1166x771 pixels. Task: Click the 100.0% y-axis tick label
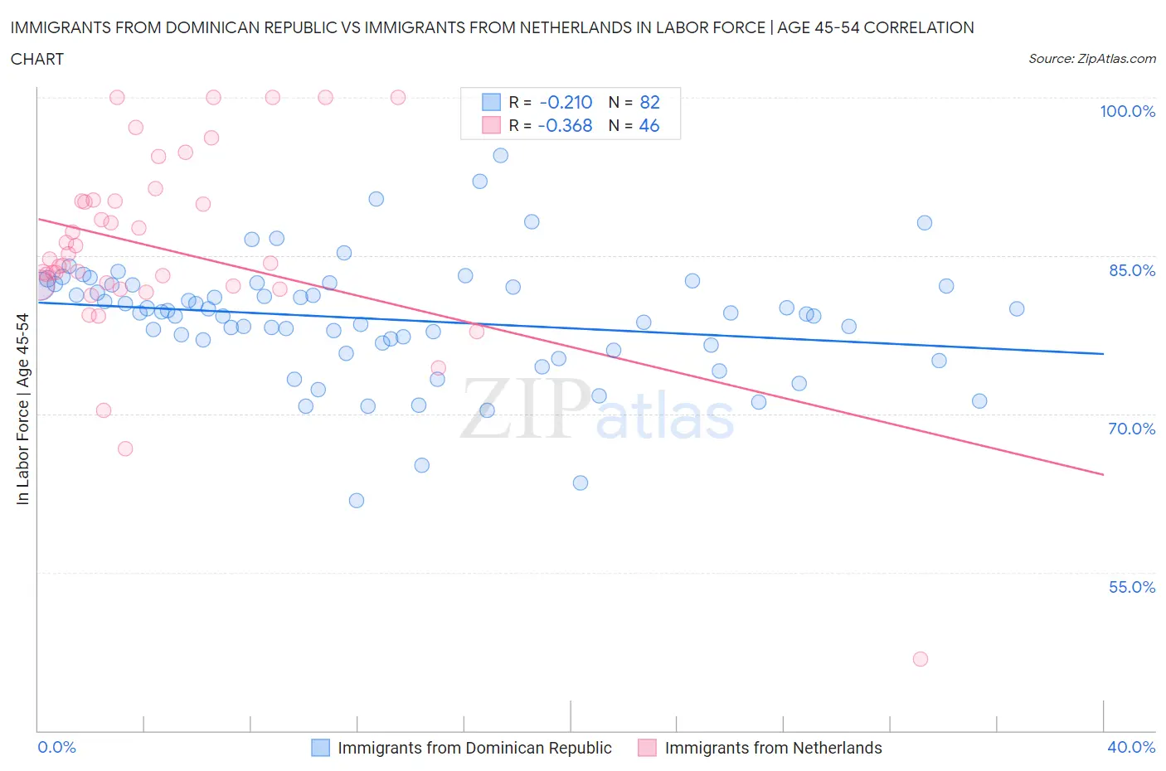click(x=1127, y=111)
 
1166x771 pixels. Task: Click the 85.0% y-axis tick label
click(x=1130, y=270)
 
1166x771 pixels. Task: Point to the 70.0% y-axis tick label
click(x=1131, y=429)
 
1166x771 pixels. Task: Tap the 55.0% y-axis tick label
click(x=1131, y=587)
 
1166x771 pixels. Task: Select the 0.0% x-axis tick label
click(x=56, y=747)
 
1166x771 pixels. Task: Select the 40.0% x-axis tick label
click(x=1131, y=747)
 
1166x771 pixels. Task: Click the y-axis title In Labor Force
click(x=23, y=409)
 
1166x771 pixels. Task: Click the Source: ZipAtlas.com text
click(x=1091, y=58)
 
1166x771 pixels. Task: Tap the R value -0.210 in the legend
click(x=566, y=102)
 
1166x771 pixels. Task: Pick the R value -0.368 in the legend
click(x=565, y=125)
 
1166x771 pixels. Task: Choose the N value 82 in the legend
click(x=649, y=102)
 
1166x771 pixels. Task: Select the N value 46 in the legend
click(x=649, y=125)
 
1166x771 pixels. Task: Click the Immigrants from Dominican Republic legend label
click(x=474, y=748)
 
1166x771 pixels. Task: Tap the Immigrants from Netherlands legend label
click(x=773, y=748)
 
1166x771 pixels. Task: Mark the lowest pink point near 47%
click(x=920, y=659)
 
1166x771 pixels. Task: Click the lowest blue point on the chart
click(x=357, y=500)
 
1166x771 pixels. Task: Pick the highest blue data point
click(x=500, y=155)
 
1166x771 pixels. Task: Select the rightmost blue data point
click(x=1016, y=308)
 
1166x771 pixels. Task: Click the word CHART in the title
click(x=37, y=59)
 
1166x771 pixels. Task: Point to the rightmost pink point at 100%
click(x=398, y=97)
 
